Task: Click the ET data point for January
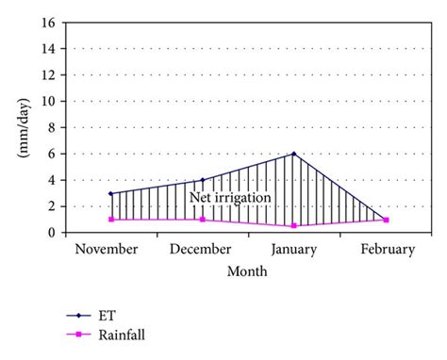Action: [x=294, y=154]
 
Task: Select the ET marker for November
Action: [x=111, y=193]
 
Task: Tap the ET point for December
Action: [x=203, y=180]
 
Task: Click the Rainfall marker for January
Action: [x=294, y=226]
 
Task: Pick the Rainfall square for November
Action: [x=111, y=220]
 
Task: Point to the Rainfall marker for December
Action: [x=203, y=220]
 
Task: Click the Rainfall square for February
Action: [x=386, y=220]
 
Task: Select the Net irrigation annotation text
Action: [x=230, y=198]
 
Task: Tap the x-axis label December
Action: [x=201, y=249]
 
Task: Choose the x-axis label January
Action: [x=294, y=249]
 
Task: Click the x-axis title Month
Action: [x=246, y=271]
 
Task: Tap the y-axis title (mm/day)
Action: [x=20, y=126]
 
